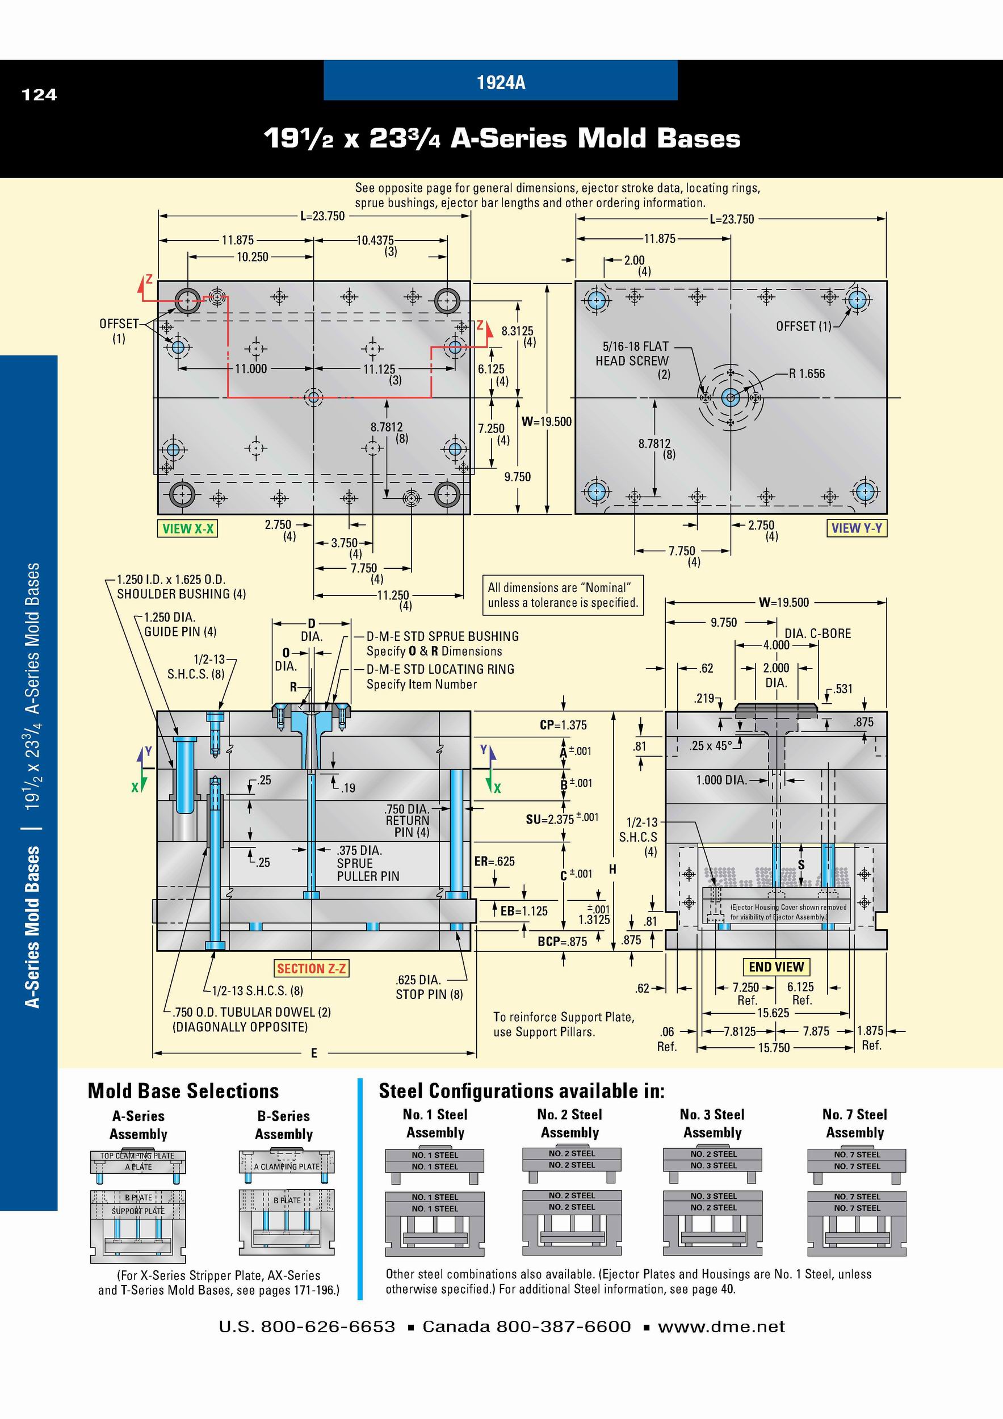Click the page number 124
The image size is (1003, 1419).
pos(39,95)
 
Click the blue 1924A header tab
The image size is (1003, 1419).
pos(501,81)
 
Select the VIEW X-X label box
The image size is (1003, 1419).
pos(187,528)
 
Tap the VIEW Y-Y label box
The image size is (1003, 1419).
pos(857,528)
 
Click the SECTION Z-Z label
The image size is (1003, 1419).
pos(312,968)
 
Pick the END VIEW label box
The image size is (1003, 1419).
pos(776,967)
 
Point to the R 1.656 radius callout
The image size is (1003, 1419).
pos(807,373)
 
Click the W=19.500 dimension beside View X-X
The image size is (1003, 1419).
pos(547,422)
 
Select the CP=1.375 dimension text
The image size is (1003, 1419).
pos(563,725)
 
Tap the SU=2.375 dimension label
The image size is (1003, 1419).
pos(562,819)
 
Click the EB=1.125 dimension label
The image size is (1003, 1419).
pos(524,910)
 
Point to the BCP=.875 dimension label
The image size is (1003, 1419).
pos(563,941)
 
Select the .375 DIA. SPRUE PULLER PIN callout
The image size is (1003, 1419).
pos(368,863)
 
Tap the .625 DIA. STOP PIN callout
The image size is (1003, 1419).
pos(429,987)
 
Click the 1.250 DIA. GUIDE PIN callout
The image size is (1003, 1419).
pos(179,624)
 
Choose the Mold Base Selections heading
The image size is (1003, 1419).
pos(183,1091)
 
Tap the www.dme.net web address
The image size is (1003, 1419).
pos(721,1327)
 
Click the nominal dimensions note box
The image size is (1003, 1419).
pos(563,595)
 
